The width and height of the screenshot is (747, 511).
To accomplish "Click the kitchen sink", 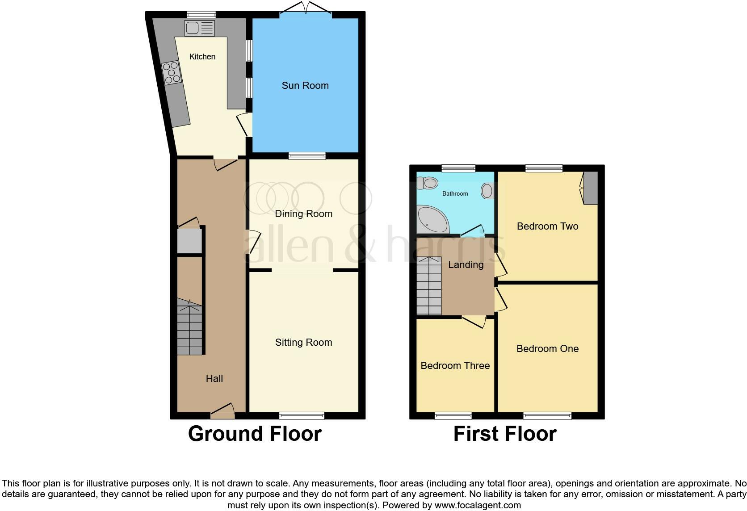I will [199, 28].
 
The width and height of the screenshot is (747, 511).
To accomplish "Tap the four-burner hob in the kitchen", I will [171, 73].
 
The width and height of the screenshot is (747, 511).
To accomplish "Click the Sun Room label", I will [305, 85].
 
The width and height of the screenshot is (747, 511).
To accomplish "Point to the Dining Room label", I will [303, 214].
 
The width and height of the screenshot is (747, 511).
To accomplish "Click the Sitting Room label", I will [303, 342].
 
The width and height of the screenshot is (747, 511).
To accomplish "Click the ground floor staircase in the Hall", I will [190, 328].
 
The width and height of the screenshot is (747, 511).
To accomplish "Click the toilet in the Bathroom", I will [427, 183].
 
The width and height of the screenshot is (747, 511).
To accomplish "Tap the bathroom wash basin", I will [487, 191].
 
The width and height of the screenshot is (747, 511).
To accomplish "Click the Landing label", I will [466, 264].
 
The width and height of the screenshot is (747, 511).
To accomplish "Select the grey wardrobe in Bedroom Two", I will [591, 188].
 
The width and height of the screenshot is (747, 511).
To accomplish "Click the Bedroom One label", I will [547, 348].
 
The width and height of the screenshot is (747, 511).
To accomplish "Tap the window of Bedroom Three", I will [453, 416].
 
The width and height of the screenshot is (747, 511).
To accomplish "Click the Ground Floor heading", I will [255, 434].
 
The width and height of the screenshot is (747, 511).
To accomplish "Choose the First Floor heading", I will [505, 434].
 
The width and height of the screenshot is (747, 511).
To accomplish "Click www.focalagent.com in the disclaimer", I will [478, 506].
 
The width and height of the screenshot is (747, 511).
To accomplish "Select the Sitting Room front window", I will [302, 416].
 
